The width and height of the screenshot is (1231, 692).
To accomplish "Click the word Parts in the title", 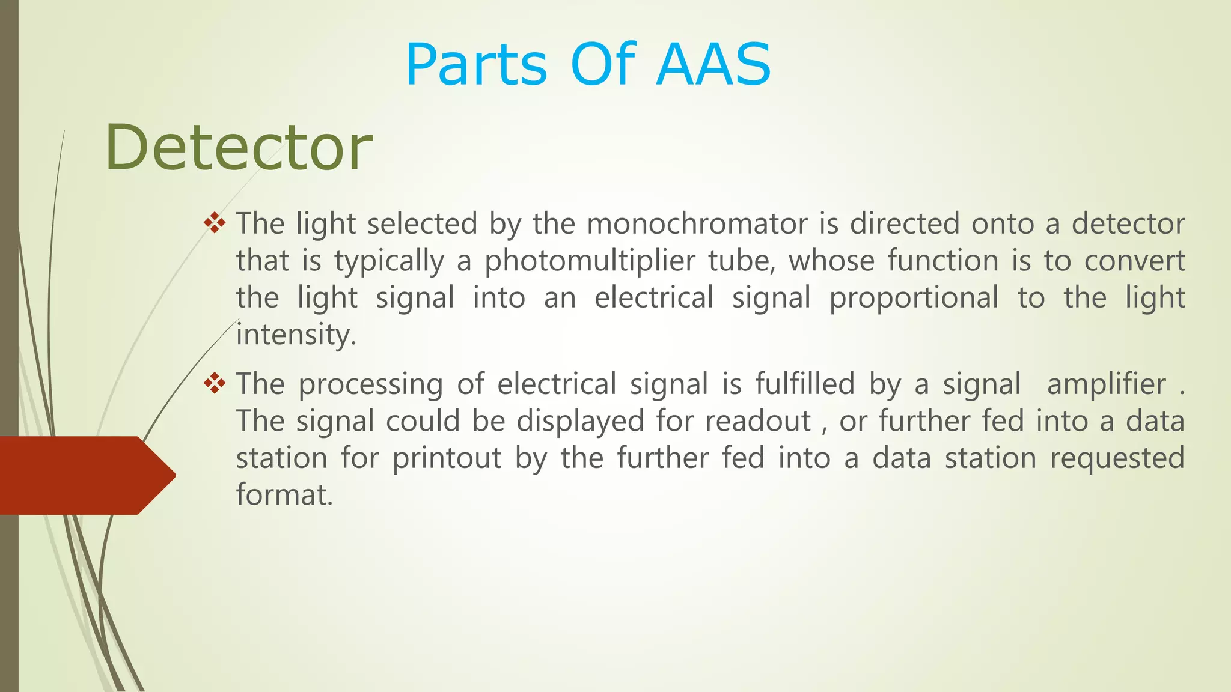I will (x=476, y=65).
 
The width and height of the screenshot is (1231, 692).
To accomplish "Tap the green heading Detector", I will (x=239, y=147).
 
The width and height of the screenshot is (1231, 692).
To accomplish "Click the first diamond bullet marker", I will (x=215, y=224).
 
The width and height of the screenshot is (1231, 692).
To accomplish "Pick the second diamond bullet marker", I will (x=215, y=384).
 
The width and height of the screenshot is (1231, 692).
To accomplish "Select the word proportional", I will (x=914, y=298).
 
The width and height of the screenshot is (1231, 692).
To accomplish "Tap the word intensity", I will (x=296, y=335).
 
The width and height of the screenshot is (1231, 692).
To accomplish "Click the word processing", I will (x=370, y=384).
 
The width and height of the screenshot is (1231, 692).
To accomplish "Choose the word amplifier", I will (x=1106, y=384).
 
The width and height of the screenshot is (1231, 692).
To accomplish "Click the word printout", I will (x=447, y=458).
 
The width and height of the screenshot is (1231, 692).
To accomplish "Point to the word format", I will (x=284, y=495).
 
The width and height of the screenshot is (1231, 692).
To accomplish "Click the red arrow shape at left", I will (x=84, y=475).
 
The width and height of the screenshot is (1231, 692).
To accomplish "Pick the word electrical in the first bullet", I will (x=654, y=298).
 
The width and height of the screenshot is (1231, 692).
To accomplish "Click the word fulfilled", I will (x=805, y=384).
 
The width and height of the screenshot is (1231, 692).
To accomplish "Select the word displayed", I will (x=580, y=421).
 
